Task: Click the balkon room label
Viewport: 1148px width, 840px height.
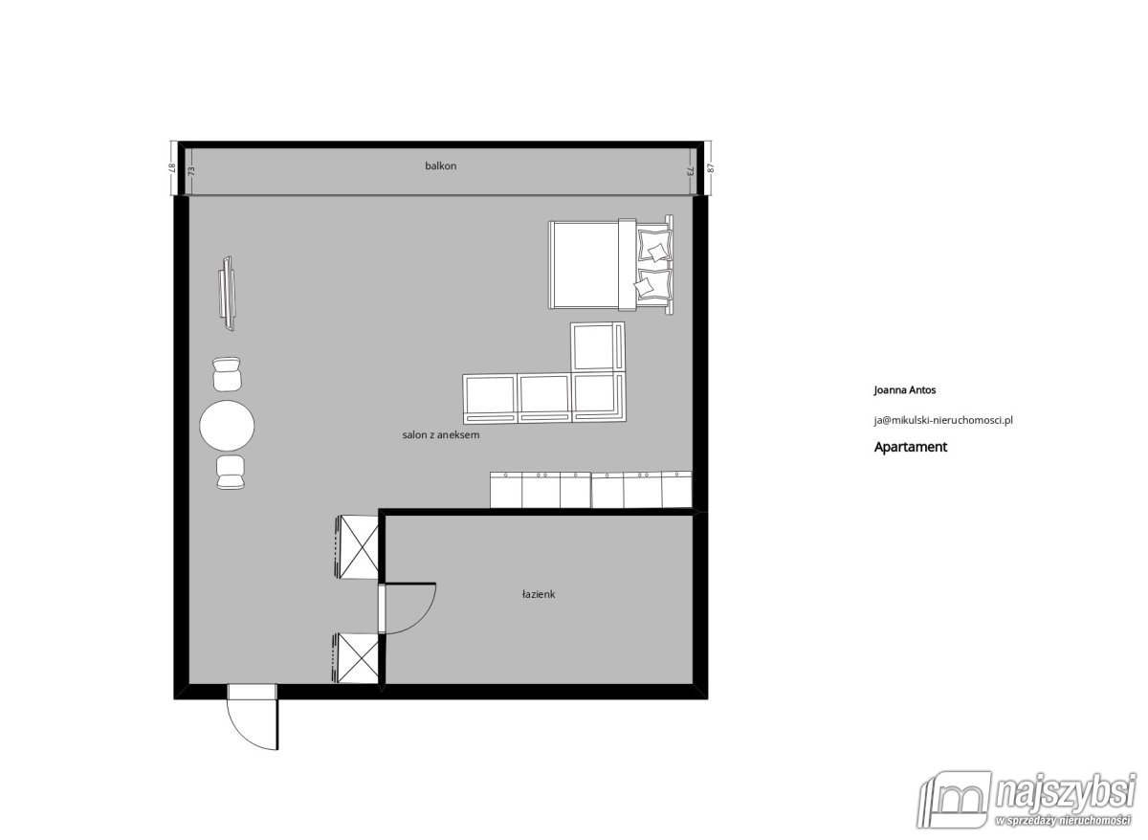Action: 440,166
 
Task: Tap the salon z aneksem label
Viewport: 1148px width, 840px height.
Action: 441,435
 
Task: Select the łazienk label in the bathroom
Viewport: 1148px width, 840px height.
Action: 538,594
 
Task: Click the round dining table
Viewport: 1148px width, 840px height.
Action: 227,426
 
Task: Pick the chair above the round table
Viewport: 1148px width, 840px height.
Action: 227,374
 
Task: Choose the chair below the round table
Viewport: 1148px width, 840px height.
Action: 231,473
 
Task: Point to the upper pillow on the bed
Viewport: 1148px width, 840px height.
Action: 655,245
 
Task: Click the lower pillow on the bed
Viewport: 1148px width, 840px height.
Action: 654,284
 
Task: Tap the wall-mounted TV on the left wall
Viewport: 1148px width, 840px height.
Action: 227,294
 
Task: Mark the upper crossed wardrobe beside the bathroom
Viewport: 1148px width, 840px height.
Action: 359,547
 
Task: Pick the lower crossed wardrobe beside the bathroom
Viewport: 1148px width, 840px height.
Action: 358,658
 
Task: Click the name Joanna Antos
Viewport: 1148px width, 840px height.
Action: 905,390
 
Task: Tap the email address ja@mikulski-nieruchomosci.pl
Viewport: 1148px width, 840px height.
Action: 943,420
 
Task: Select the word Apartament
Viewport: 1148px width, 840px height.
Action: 910,447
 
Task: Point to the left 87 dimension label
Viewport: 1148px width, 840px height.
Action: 172,168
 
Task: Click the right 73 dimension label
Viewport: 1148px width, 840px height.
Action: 691,170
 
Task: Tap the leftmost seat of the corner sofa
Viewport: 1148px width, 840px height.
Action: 490,399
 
